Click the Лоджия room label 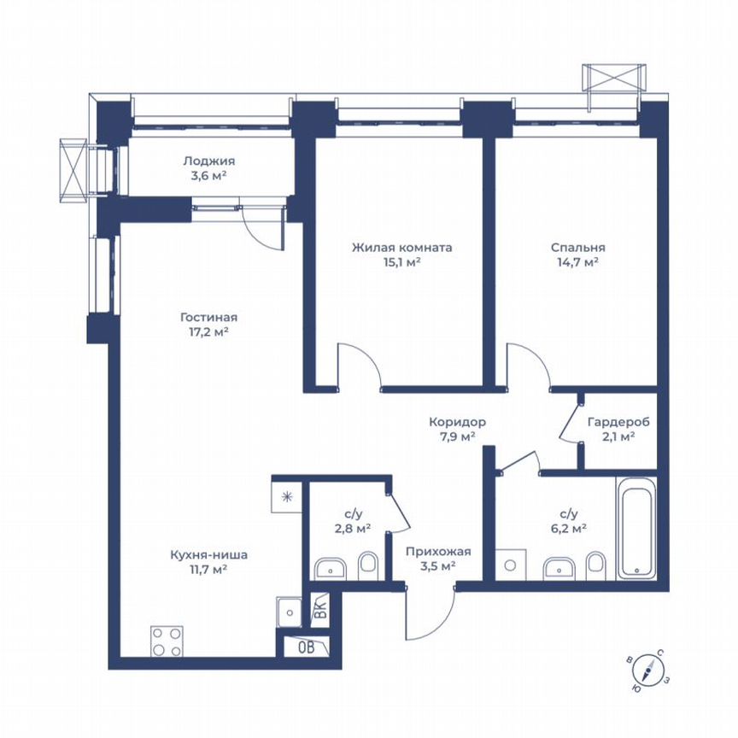(x=208, y=161)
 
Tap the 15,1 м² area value (x=401, y=262)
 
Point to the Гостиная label (x=208, y=315)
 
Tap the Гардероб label (x=618, y=422)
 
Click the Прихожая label (x=438, y=552)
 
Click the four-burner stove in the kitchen (x=167, y=641)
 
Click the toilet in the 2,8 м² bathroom (x=368, y=563)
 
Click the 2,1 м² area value (x=618, y=436)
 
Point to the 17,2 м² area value (x=208, y=331)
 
